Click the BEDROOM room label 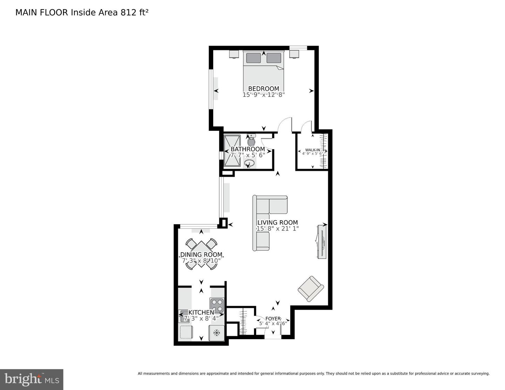[x=263, y=89]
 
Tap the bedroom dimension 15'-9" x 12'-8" [x=263, y=95]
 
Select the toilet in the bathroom [x=251, y=141]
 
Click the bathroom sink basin [x=249, y=163]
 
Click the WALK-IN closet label [x=312, y=150]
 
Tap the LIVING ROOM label [x=277, y=222]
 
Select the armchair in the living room [x=310, y=289]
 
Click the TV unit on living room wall [x=321, y=242]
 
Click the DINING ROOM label [x=201, y=255]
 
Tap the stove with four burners [x=217, y=305]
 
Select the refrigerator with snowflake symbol [x=216, y=332]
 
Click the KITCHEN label [x=201, y=312]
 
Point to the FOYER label [x=273, y=318]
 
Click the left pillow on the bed [x=253, y=58]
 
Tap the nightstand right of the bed [x=294, y=54]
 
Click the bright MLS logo [x=32, y=379]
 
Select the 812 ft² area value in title [x=134, y=13]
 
